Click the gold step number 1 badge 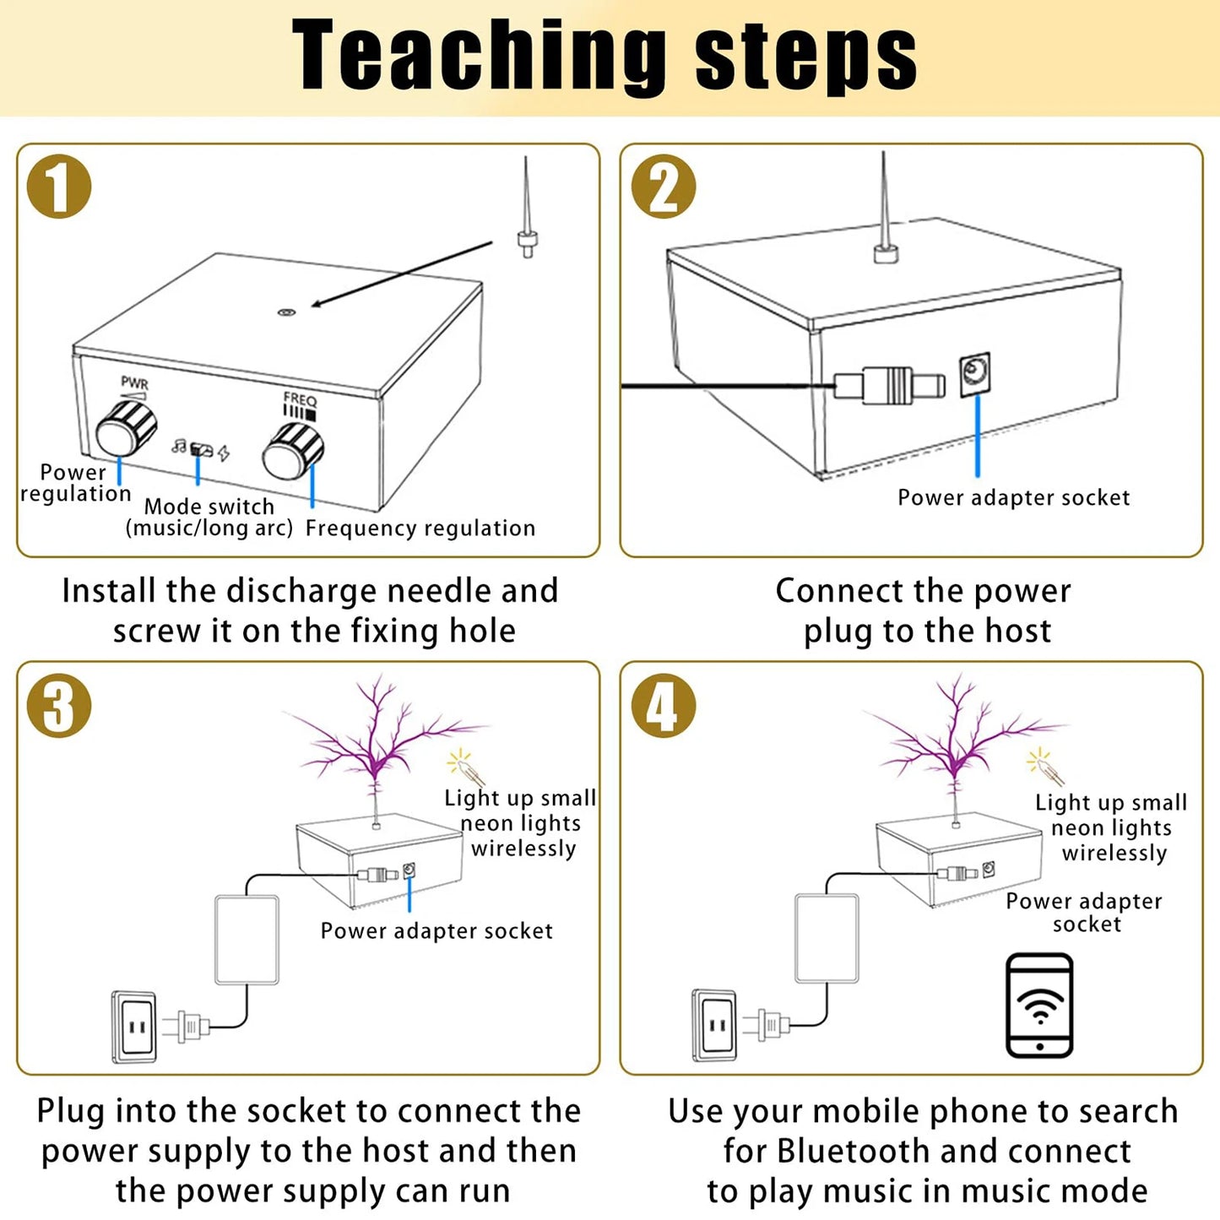point(59,187)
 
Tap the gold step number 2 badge point(664,187)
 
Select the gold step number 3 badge point(59,706)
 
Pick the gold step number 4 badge point(664,706)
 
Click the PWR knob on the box point(126,429)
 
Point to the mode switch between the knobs point(201,449)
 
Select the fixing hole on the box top point(286,312)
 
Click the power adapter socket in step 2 point(975,374)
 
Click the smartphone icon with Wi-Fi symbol point(1039,1006)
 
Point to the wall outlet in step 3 point(134,1027)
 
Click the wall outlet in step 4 point(715,1025)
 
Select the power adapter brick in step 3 point(247,940)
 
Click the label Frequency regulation point(420,529)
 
